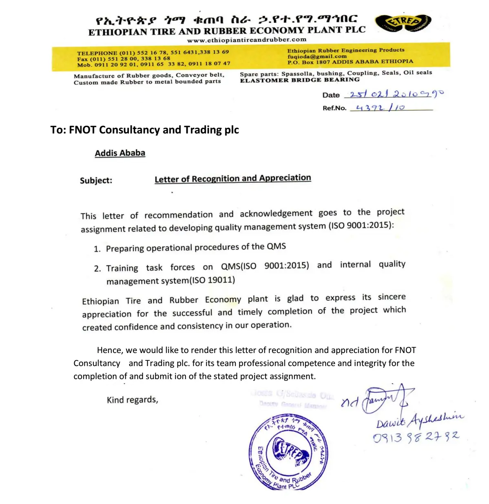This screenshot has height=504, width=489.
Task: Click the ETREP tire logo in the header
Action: click(403, 23)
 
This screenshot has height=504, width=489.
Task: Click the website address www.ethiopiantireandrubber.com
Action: click(246, 40)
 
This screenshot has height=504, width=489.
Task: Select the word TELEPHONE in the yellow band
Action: click(97, 53)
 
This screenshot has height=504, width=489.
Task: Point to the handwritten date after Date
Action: click(394, 94)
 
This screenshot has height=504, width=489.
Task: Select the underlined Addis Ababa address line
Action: click(120, 153)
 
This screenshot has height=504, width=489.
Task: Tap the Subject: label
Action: click(96, 180)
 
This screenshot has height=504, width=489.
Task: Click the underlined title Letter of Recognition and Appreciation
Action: click(232, 178)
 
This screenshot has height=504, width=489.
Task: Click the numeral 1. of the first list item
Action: click(97, 249)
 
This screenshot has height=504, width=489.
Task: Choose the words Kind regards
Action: click(132, 400)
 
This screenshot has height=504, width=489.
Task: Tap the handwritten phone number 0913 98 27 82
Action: click(416, 437)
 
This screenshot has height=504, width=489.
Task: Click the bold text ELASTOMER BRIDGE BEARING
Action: click(300, 80)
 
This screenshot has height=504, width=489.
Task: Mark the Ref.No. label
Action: click(334, 108)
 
